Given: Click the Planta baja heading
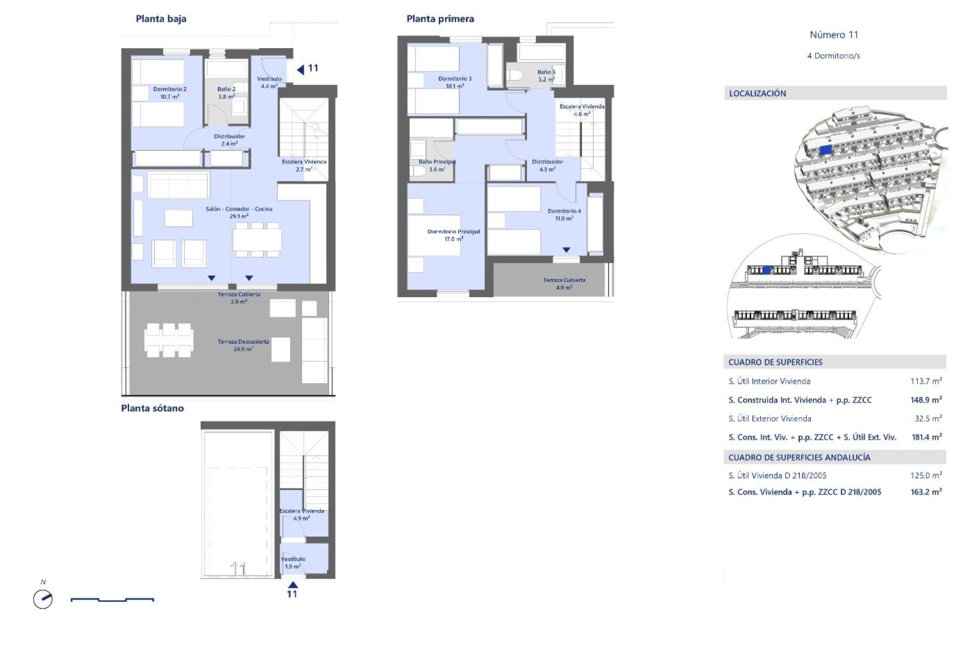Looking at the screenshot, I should click(x=161, y=19).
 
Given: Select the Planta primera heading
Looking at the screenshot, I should click(x=440, y=19).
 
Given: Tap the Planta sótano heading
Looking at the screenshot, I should click(x=152, y=408).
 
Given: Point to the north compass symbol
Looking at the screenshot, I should click(x=43, y=599).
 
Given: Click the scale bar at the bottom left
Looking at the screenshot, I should click(x=112, y=600).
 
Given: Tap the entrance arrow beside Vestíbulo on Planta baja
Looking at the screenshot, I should click(x=301, y=69).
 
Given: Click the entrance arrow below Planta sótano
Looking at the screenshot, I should click(x=293, y=585).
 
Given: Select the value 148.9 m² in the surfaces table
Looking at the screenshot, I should click(x=926, y=400).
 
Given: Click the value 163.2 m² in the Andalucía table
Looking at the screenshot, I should click(x=926, y=492).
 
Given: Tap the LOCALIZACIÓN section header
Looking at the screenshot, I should click(x=757, y=93).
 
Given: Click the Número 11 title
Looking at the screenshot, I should click(x=834, y=35).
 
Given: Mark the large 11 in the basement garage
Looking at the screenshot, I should click(x=238, y=569).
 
